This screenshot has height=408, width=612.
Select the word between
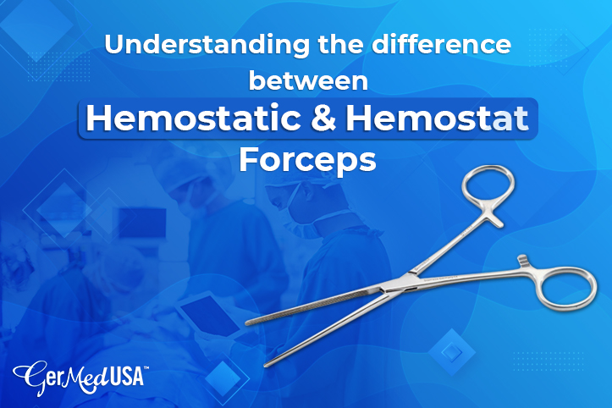(x=306, y=84)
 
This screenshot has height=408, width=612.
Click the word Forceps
(x=306, y=158)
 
